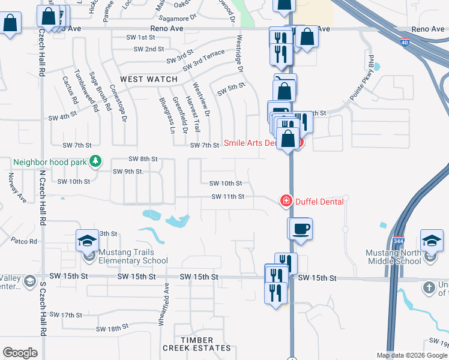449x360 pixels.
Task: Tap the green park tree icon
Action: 95,161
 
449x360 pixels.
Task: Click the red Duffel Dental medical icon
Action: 286,201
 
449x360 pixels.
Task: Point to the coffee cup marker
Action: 302,229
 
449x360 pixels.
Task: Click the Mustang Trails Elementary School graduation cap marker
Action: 87,241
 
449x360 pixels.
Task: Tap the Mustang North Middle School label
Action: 393,257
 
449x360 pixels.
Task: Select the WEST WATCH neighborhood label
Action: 149,79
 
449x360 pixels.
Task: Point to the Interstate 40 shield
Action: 405,41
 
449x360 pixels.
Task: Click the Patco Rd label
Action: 24,241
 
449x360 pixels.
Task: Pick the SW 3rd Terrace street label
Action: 203,60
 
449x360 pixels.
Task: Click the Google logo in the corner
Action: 20,353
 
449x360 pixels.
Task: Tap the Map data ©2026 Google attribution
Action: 411,355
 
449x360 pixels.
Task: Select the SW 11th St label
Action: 228,196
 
